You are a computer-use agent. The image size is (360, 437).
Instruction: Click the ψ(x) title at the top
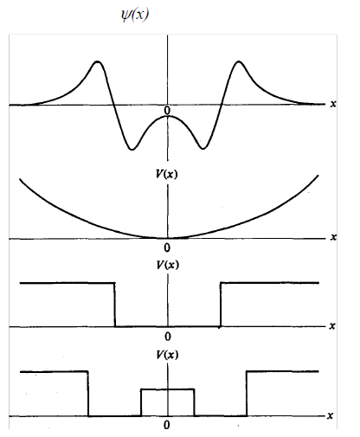point(135,15)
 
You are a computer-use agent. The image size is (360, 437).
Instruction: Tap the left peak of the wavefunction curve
point(98,61)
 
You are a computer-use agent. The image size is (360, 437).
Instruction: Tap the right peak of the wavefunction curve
point(239,61)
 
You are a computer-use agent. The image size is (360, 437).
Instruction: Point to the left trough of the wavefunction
point(132,149)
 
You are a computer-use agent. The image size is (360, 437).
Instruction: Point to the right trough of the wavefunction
point(203,149)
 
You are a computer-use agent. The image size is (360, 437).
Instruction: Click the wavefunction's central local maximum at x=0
point(168,116)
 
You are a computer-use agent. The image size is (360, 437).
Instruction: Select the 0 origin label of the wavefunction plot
point(167,110)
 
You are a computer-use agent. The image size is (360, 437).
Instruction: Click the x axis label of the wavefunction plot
point(333,104)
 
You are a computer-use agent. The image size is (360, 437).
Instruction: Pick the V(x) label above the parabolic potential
point(166,174)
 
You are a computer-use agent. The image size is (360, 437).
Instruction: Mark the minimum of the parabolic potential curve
point(167,238)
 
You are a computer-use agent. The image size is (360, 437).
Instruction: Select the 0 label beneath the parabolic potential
point(167,247)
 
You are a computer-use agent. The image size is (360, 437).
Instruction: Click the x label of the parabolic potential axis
point(333,237)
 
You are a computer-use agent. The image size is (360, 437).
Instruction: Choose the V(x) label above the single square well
point(167,265)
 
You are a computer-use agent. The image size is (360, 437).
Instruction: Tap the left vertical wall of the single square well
point(115,305)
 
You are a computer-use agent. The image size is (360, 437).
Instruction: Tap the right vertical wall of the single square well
point(221,305)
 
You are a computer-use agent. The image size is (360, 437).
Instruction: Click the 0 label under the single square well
point(168,337)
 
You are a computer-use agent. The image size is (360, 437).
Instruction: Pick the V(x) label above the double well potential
point(167,355)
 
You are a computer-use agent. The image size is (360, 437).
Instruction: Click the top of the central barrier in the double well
point(168,389)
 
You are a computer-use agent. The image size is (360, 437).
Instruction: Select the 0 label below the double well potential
point(167,425)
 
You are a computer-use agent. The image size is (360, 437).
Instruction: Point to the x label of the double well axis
point(331,415)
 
